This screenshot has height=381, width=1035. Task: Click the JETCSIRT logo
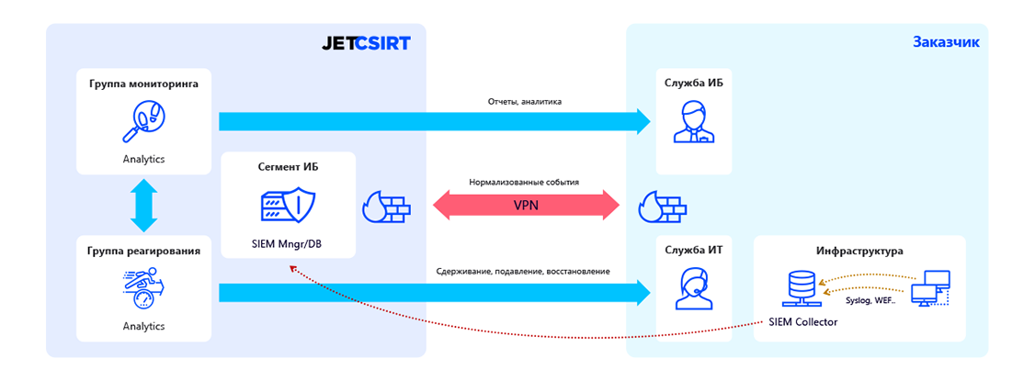[366, 43]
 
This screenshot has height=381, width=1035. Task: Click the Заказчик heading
[945, 42]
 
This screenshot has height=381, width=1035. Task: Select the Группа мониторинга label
[143, 84]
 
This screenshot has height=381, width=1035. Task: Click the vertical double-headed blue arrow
[144, 205]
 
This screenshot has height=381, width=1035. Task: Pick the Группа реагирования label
[143, 250]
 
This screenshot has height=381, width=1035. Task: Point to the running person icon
[143, 286]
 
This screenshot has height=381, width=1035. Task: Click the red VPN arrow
[527, 206]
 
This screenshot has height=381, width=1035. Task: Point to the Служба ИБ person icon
[693, 122]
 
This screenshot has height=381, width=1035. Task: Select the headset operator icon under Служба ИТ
[693, 289]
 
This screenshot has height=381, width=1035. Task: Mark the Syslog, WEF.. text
[870, 299]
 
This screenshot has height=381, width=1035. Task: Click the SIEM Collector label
[802, 322]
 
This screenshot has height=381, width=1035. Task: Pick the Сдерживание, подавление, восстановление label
[523, 272]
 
